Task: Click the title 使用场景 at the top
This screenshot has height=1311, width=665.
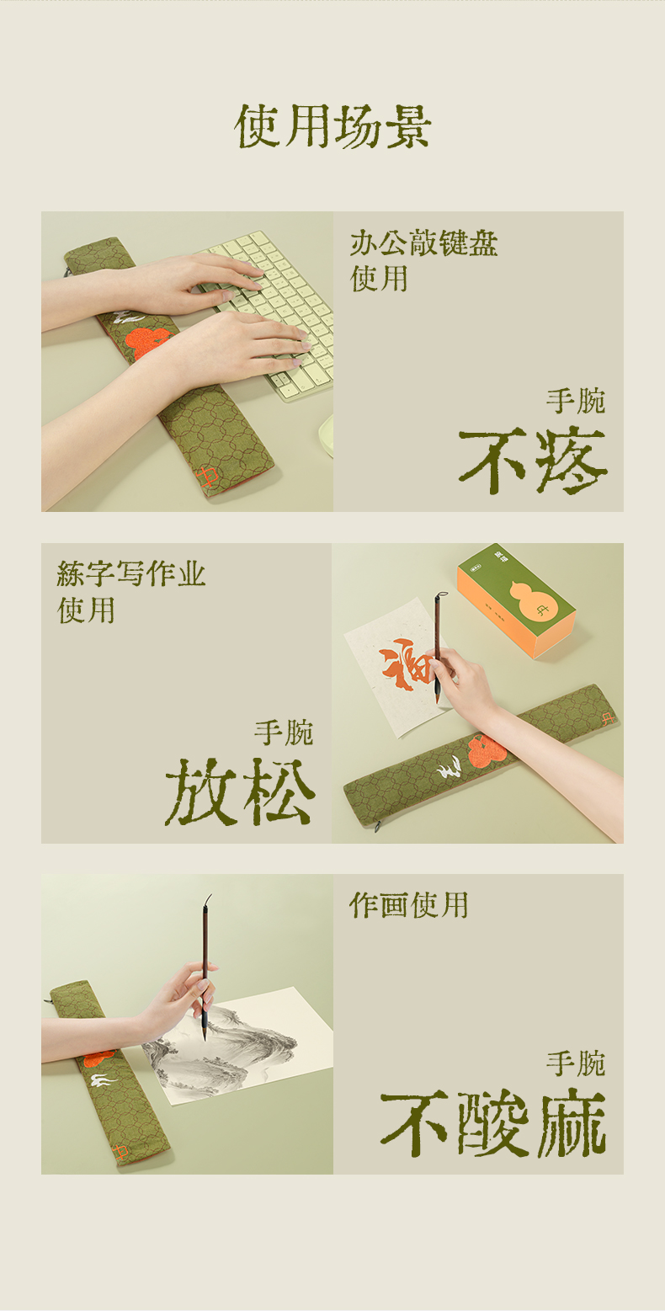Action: (x=332, y=126)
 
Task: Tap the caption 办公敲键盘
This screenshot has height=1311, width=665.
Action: (x=423, y=243)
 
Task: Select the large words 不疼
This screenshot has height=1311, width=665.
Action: (x=532, y=461)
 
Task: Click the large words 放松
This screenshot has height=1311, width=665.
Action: (x=241, y=791)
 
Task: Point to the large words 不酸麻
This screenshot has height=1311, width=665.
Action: (x=492, y=1123)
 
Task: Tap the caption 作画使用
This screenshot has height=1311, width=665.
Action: (x=408, y=905)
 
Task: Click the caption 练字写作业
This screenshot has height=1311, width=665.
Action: (x=131, y=573)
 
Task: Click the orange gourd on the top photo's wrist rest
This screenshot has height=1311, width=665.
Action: (x=147, y=342)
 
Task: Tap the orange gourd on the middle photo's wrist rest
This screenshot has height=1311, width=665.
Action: (x=487, y=751)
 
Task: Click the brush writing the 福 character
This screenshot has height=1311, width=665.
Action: (x=438, y=647)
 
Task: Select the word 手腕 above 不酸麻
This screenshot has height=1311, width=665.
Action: (x=576, y=1063)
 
